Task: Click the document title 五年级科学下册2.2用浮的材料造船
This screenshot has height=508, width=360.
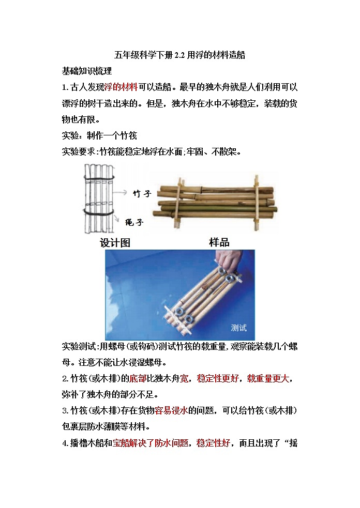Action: coord(179,55)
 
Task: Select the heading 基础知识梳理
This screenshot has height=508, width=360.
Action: coord(87,70)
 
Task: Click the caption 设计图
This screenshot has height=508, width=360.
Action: coord(115,243)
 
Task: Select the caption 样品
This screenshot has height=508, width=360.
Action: coord(219,242)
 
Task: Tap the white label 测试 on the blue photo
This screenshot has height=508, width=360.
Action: coord(238,328)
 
